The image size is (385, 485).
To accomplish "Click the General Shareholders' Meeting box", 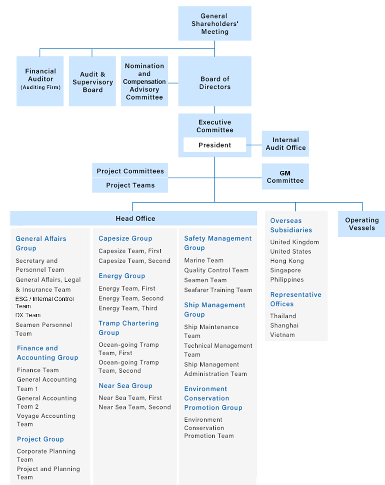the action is pyautogui.click(x=215, y=24).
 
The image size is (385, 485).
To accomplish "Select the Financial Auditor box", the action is pyautogui.click(x=40, y=81).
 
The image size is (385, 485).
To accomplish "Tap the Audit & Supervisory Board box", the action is pyautogui.click(x=92, y=81).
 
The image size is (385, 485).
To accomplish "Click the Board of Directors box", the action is pyautogui.click(x=215, y=81).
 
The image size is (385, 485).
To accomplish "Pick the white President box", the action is pyautogui.click(x=215, y=145).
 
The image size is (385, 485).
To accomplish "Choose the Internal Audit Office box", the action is pyautogui.click(x=285, y=144).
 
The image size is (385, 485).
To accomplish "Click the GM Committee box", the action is pyautogui.click(x=285, y=176).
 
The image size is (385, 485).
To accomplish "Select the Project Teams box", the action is pyautogui.click(x=130, y=185).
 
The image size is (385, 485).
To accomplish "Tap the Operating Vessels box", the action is pyautogui.click(x=361, y=224).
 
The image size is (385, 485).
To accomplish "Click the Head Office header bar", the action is pyautogui.click(x=133, y=219).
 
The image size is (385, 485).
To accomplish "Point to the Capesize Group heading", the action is pyautogui.click(x=126, y=238).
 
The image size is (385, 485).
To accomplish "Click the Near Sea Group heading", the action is pyautogui.click(x=126, y=386).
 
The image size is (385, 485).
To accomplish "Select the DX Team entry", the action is pyautogui.click(x=28, y=315).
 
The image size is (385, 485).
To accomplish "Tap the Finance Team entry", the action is pyautogui.click(x=38, y=370).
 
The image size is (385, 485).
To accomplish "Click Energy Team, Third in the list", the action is pyautogui.click(x=128, y=308).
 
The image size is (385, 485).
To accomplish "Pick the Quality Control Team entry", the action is pyautogui.click(x=216, y=270).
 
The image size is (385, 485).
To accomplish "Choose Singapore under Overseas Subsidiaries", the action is pyautogui.click(x=285, y=270).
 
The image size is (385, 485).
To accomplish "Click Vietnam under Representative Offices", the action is pyautogui.click(x=282, y=335).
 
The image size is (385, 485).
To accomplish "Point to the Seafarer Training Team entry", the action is pyautogui.click(x=218, y=290).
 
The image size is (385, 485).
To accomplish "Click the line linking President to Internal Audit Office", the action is pyautogui.click(x=254, y=145).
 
